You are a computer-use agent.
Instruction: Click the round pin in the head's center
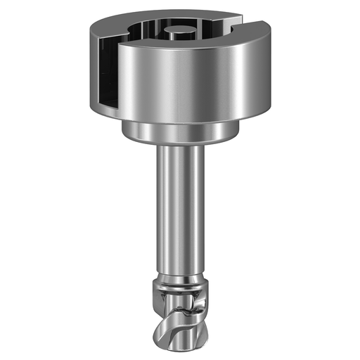click(x=176, y=31)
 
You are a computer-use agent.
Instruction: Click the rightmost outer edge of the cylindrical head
click(x=270, y=70)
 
